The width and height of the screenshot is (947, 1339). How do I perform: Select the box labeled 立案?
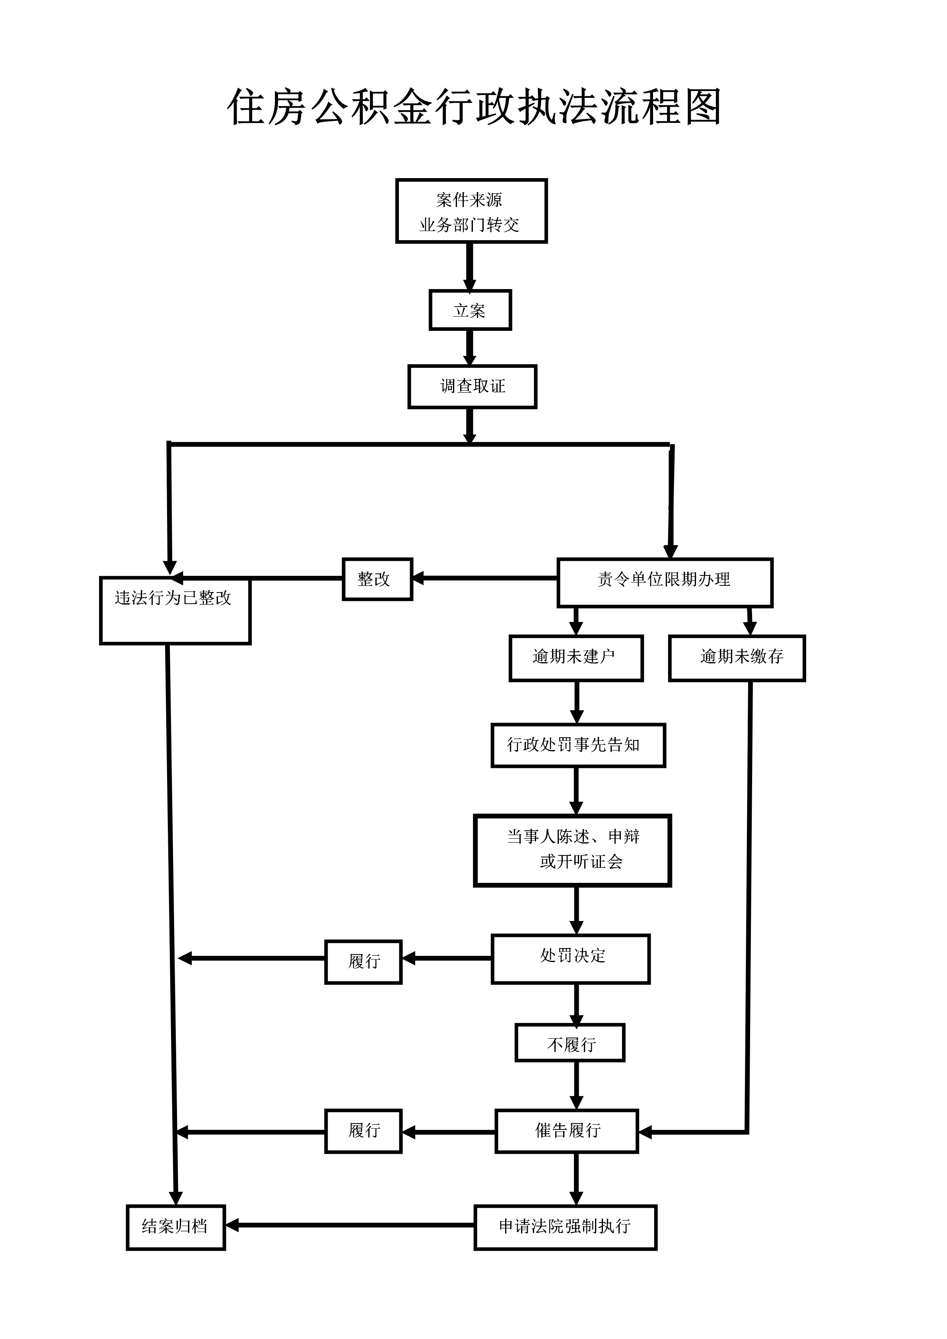tap(470, 310)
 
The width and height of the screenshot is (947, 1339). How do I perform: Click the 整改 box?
tap(377, 579)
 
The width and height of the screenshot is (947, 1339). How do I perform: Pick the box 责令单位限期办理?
tap(664, 582)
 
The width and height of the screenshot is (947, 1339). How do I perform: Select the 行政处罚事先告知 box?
tap(578, 745)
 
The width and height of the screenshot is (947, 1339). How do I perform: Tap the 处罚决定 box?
tap(570, 959)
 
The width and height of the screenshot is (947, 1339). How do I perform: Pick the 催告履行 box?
tap(566, 1131)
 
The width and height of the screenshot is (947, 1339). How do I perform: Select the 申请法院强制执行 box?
tap(565, 1227)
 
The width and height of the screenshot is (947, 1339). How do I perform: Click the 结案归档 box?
tap(175, 1227)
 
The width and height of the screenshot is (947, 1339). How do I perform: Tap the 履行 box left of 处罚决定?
tap(363, 962)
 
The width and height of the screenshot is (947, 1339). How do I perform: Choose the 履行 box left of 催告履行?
tap(363, 1131)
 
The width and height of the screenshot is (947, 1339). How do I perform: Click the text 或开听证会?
tap(581, 861)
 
